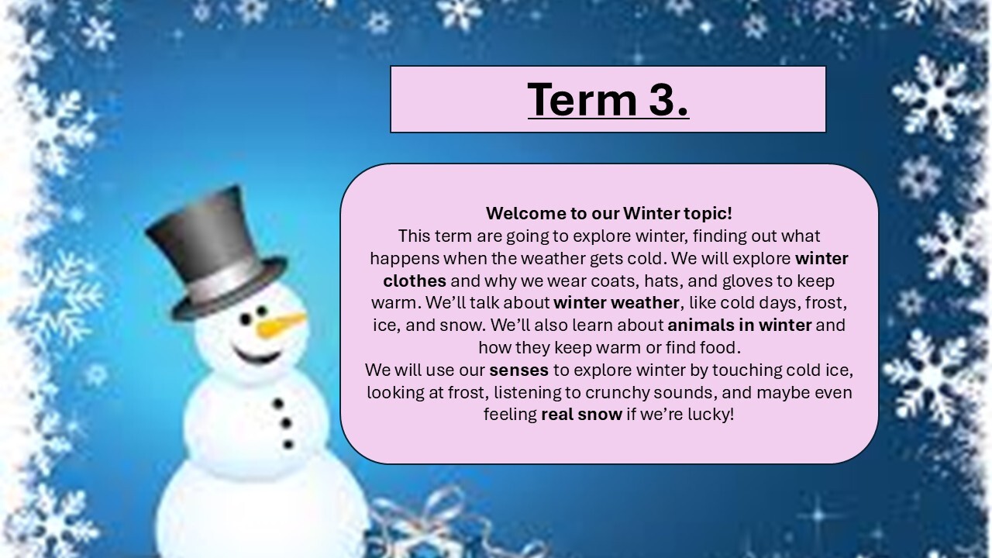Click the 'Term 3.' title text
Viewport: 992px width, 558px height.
coord(608,99)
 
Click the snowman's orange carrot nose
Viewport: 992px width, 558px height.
coord(281,325)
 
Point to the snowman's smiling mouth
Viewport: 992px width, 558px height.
coord(257,356)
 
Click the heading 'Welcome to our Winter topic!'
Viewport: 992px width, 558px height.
coord(608,213)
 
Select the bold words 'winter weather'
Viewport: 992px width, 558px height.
coord(616,302)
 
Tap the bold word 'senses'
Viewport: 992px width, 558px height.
coord(518,370)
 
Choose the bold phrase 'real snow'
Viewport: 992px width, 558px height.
coord(581,415)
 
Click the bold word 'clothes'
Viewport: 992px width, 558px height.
coord(415,280)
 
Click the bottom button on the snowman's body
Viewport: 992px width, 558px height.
coord(288,444)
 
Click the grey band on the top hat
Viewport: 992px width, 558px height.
coord(225,287)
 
